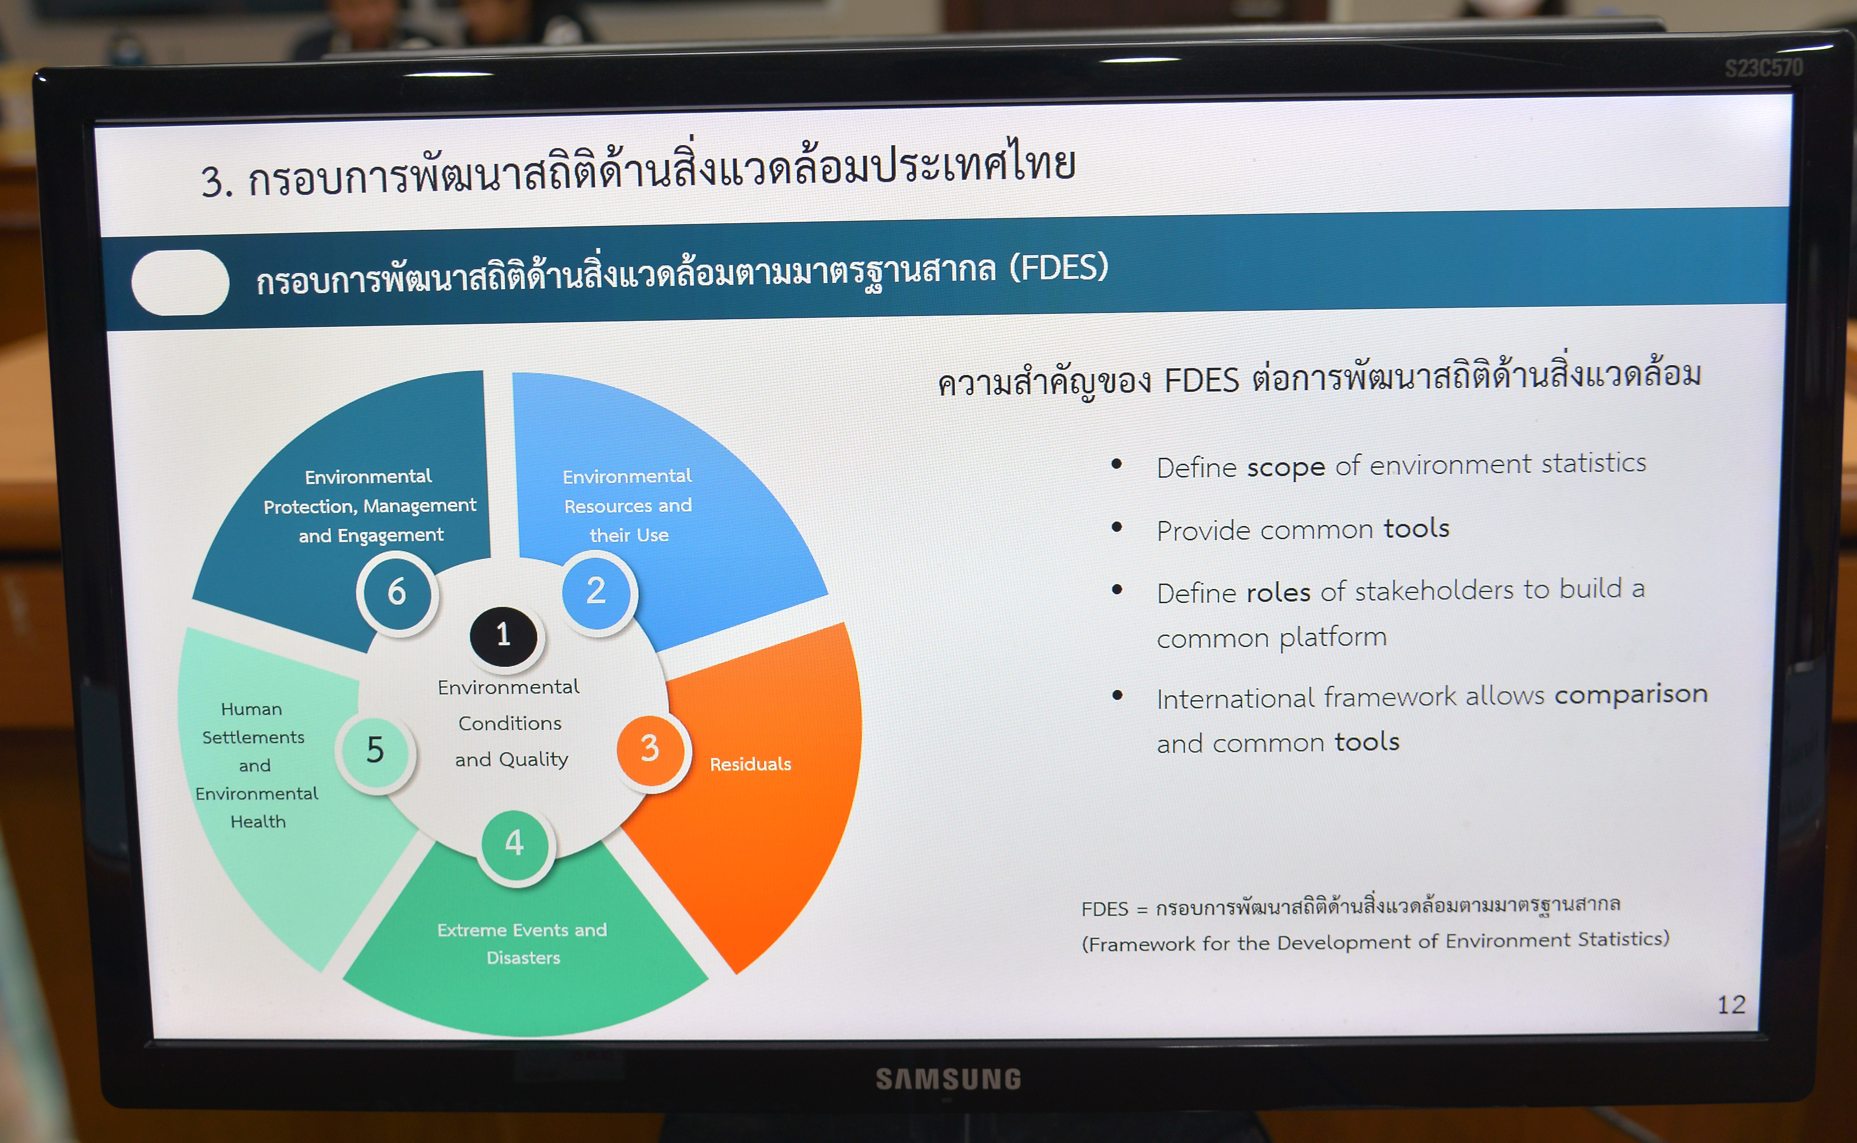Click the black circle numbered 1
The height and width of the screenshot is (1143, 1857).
pyautogui.click(x=503, y=636)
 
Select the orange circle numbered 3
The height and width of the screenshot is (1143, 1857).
pyautogui.click(x=650, y=749)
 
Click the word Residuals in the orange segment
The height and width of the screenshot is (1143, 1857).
pyautogui.click(x=750, y=764)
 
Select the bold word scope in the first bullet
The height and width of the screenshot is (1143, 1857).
pyautogui.click(x=1286, y=467)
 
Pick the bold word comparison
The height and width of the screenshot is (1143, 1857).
pyautogui.click(x=1631, y=694)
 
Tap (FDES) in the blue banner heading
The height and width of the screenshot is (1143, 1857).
pyautogui.click(x=1059, y=268)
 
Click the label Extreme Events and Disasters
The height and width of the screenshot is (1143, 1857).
pyautogui.click(x=522, y=943)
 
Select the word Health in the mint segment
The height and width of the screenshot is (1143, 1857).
pyautogui.click(x=258, y=822)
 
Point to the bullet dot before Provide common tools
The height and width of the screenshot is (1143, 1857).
pyautogui.click(x=1116, y=527)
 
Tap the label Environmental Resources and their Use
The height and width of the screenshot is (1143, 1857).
pyautogui.click(x=628, y=506)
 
